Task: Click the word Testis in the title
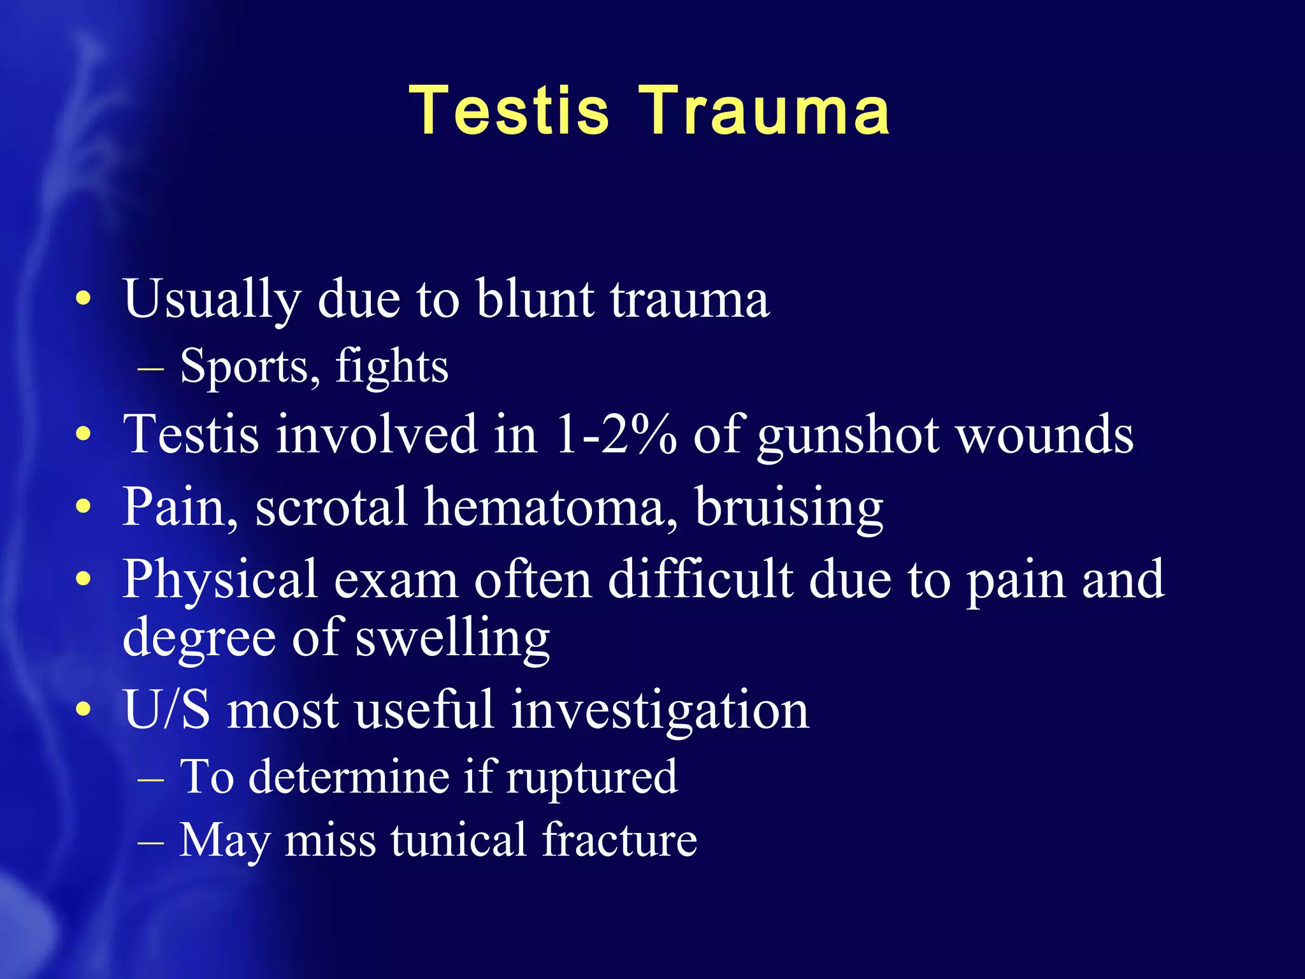click(509, 111)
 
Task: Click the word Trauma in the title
click(764, 111)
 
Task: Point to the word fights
click(392, 367)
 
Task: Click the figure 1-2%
click(616, 435)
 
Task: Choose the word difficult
click(700, 579)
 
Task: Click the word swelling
click(452, 639)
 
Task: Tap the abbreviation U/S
click(166, 710)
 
